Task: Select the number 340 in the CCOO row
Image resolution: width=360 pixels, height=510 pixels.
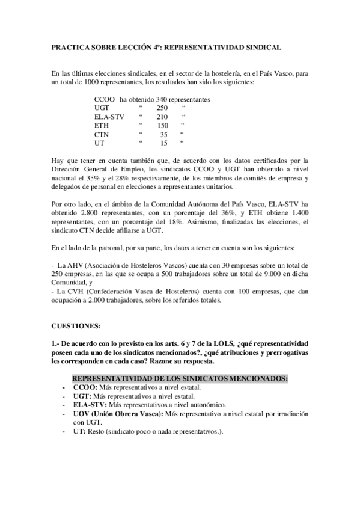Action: [161, 99]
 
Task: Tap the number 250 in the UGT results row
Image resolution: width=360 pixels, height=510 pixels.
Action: [154, 108]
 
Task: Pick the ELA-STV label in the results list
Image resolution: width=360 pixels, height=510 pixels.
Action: [109, 117]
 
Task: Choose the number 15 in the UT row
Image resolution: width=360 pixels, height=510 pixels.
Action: [163, 143]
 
